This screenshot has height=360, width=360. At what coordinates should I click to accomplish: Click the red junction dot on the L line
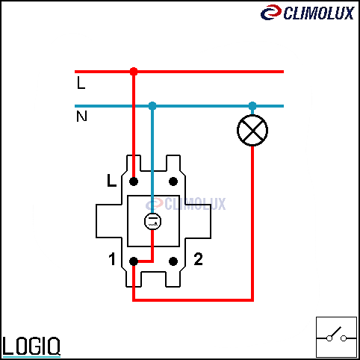(134, 72)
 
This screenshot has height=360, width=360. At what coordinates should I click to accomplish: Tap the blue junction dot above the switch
(152, 106)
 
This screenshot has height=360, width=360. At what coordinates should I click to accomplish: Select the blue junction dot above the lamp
(252, 106)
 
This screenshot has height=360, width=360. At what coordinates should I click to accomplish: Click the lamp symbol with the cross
(252, 130)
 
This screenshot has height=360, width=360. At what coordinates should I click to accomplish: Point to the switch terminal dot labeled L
(134, 181)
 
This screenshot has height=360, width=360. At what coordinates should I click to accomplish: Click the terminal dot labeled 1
(134, 261)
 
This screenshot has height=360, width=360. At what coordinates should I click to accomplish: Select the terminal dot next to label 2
(173, 261)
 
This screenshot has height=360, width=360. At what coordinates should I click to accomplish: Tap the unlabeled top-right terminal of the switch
(173, 181)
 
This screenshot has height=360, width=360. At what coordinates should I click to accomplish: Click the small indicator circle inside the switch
(152, 221)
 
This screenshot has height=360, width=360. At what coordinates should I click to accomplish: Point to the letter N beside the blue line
(81, 117)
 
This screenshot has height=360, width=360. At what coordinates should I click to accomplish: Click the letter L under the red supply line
(81, 83)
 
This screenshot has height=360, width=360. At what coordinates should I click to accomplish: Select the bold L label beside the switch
(111, 181)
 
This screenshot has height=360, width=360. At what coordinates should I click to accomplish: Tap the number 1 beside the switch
(112, 259)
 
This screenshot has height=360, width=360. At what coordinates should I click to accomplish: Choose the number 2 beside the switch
(198, 259)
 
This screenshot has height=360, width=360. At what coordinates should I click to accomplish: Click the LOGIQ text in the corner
(31, 347)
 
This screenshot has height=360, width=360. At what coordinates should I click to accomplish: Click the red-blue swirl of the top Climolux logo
(271, 12)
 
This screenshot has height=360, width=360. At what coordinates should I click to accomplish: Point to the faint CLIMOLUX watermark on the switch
(186, 204)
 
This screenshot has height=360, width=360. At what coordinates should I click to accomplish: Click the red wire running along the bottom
(193, 300)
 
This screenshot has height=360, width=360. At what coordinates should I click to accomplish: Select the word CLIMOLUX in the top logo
(319, 13)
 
